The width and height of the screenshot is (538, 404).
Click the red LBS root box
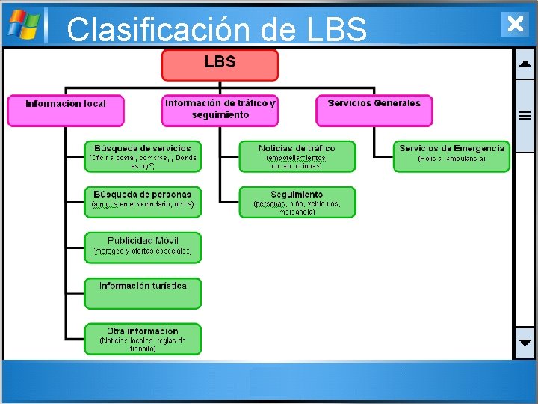(220, 65)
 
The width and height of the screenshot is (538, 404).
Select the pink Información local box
(66, 110)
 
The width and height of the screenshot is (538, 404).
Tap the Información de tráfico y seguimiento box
(220, 110)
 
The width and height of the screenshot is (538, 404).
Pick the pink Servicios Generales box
(374, 110)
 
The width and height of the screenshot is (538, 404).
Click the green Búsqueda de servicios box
(143, 156)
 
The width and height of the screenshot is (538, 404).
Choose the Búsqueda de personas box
(143, 202)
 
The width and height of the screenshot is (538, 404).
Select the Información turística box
(143, 294)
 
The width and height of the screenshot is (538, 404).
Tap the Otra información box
(143, 339)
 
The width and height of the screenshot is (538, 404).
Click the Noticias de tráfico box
(297, 156)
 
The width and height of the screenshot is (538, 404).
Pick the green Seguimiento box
(297, 202)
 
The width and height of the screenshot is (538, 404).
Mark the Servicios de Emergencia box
(451, 156)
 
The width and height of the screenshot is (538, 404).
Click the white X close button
(514, 24)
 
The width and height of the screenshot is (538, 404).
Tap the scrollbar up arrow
(525, 64)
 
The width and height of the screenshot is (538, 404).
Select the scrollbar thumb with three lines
(525, 116)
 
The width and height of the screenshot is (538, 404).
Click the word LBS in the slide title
(336, 30)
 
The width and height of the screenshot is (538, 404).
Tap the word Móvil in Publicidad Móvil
(163, 241)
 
